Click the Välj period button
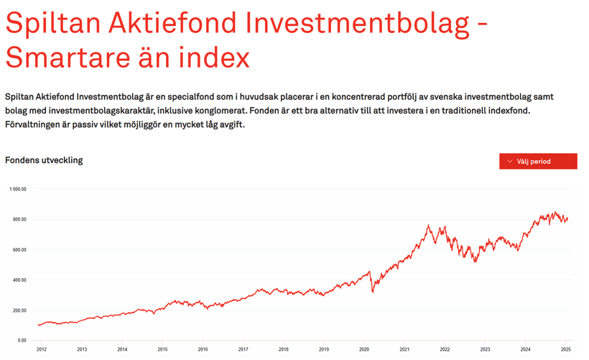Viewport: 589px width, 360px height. click(x=538, y=161)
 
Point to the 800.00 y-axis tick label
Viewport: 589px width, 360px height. click(x=19, y=219)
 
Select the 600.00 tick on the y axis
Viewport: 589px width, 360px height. click(x=19, y=250)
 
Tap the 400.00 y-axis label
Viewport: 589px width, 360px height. click(x=19, y=280)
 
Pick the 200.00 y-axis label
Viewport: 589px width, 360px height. click(x=19, y=310)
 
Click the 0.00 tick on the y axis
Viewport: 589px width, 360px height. click(x=22, y=341)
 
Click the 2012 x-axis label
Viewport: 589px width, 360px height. click(x=41, y=350)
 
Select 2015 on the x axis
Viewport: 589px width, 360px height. click(x=162, y=350)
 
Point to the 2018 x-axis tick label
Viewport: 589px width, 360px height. click(x=284, y=350)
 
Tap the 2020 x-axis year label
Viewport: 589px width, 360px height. click(x=365, y=350)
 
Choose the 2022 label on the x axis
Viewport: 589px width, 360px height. click(x=445, y=350)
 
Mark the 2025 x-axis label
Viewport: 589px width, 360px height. click(x=567, y=350)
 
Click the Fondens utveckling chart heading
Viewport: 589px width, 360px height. click(x=44, y=160)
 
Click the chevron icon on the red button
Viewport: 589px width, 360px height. click(x=509, y=161)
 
